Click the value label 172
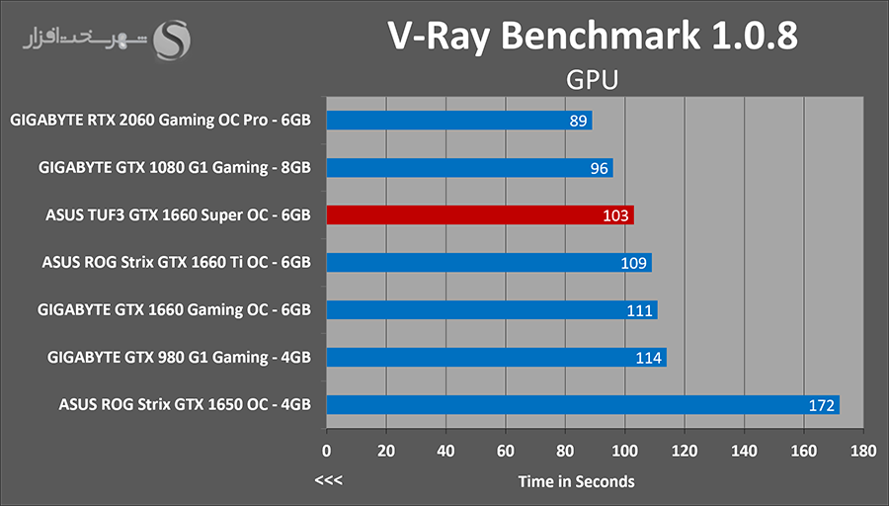coord(824,405)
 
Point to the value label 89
coord(580,121)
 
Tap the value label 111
coord(639,310)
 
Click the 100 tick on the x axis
coord(625,451)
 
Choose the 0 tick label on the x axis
coord(327,451)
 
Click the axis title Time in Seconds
coord(577,481)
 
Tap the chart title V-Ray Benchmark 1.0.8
coord(592,36)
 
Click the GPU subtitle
coord(593,79)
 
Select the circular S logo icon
coord(176,42)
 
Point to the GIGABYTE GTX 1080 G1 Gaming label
coord(175,168)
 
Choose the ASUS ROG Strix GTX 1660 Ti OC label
coord(177,263)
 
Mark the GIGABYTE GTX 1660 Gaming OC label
coord(175,310)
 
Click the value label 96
coord(599,168)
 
